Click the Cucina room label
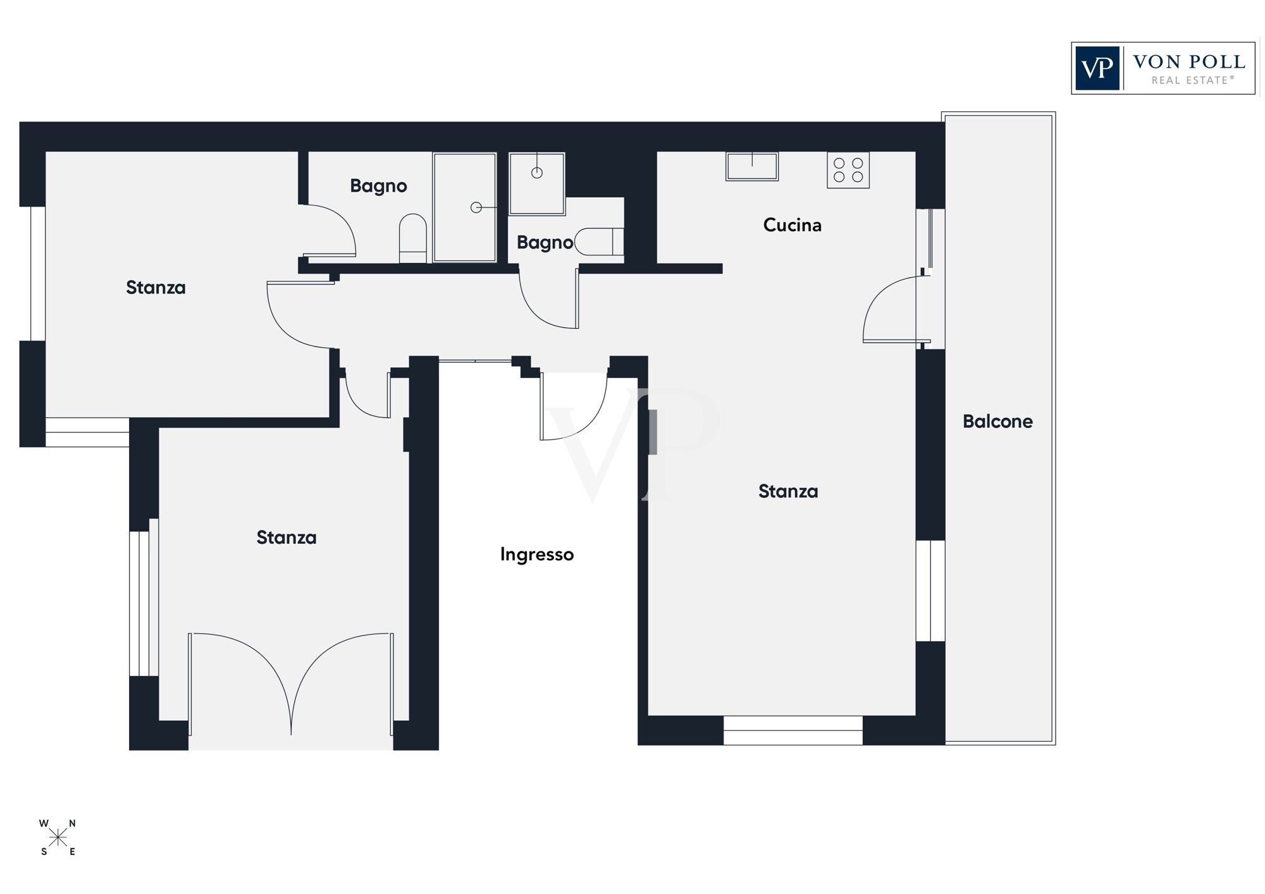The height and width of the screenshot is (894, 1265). (x=792, y=225)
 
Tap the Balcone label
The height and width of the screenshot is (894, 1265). (x=997, y=421)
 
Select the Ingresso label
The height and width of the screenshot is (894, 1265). (x=536, y=554)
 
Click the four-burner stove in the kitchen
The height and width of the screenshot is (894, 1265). (x=848, y=170)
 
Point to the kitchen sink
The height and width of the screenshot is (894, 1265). (x=751, y=166)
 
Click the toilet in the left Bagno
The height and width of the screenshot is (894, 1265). (x=413, y=238)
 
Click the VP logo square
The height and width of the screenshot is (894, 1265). (x=1097, y=68)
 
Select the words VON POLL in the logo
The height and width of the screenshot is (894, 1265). (x=1188, y=62)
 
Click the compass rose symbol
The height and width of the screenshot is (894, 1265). (x=58, y=838)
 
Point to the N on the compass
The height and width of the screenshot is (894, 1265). (x=72, y=823)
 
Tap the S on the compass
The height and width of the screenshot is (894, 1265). (x=44, y=852)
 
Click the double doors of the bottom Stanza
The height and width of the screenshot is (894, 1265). (x=290, y=683)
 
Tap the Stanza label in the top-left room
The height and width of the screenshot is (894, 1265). (x=156, y=288)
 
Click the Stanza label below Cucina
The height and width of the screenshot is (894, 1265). (x=788, y=491)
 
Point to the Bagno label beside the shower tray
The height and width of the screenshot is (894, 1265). (x=378, y=186)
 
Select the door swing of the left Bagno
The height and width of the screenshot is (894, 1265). (x=332, y=231)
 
